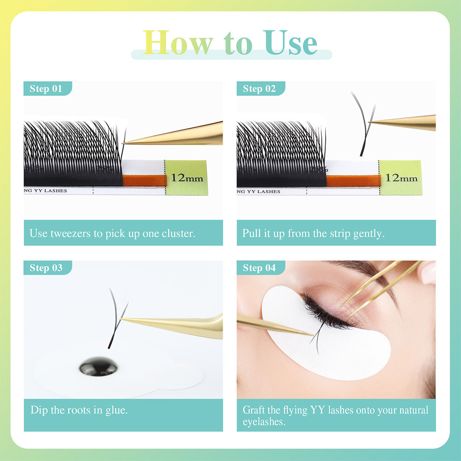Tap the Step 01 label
(46, 89)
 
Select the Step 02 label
(259, 89)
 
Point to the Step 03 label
(46, 268)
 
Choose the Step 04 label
(259, 268)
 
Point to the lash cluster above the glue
(115, 318)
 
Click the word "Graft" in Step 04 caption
(254, 410)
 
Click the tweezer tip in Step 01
(124, 143)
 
